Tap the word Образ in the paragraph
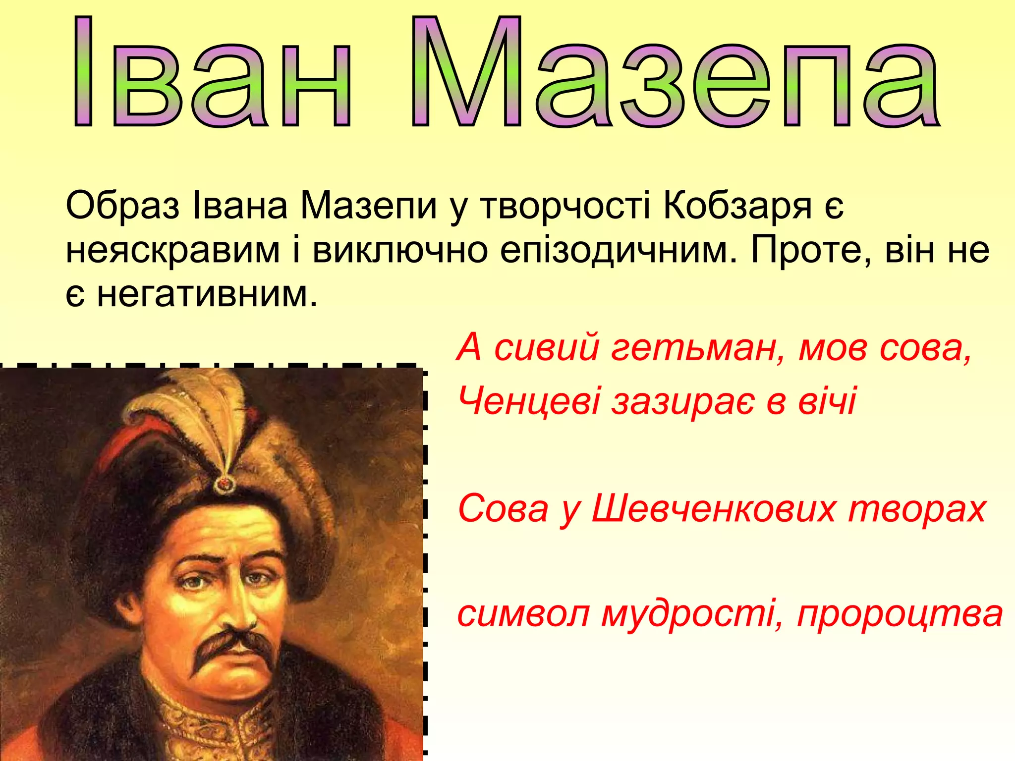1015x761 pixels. click(x=122, y=206)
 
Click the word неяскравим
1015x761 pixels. click(x=173, y=250)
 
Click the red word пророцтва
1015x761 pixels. click(x=900, y=614)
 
